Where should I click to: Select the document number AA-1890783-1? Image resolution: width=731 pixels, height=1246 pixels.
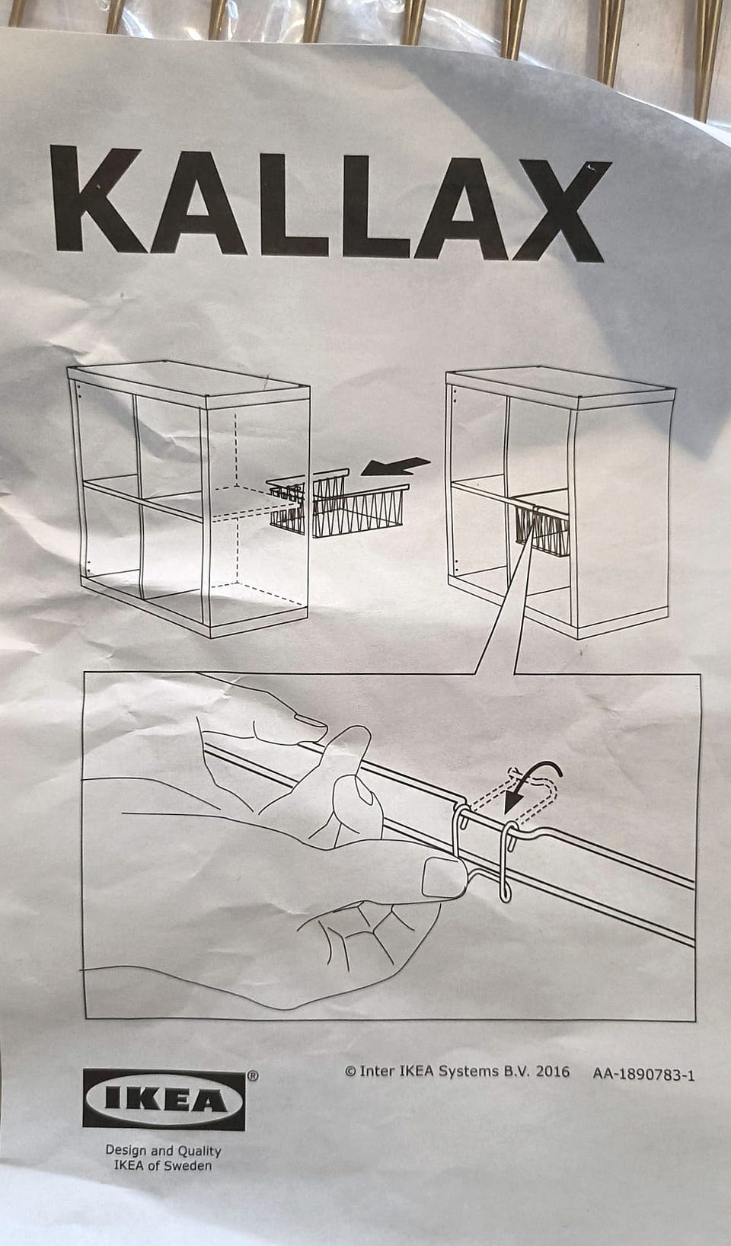point(643,1074)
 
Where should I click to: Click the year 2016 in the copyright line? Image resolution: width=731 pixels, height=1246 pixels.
point(552,1072)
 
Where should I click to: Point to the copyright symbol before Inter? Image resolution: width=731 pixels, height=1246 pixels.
point(350,1071)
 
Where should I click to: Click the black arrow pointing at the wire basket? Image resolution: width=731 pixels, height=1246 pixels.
point(395,466)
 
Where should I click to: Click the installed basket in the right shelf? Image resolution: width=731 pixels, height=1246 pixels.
point(542,529)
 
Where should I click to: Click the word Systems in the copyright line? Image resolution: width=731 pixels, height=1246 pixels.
point(468,1071)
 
